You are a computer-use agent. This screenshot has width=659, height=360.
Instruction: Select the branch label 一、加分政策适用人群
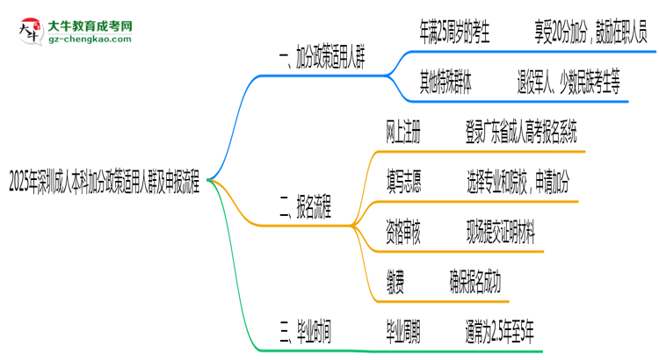pos(321,60)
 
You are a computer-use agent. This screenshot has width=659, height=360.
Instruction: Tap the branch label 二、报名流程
pos(305,209)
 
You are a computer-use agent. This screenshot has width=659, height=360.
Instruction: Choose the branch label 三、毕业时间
pos(305,330)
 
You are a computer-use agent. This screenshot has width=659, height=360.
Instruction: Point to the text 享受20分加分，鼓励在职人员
pos(582,34)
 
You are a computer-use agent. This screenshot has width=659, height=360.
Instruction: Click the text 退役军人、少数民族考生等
pos(569,84)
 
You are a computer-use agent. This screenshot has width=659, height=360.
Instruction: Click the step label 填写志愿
pos(403,184)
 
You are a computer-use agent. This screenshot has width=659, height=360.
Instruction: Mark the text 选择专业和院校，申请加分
pos(518,184)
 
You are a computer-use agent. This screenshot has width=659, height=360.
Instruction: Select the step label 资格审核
pos(403,233)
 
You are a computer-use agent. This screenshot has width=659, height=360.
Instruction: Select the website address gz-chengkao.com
pos(89,39)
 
